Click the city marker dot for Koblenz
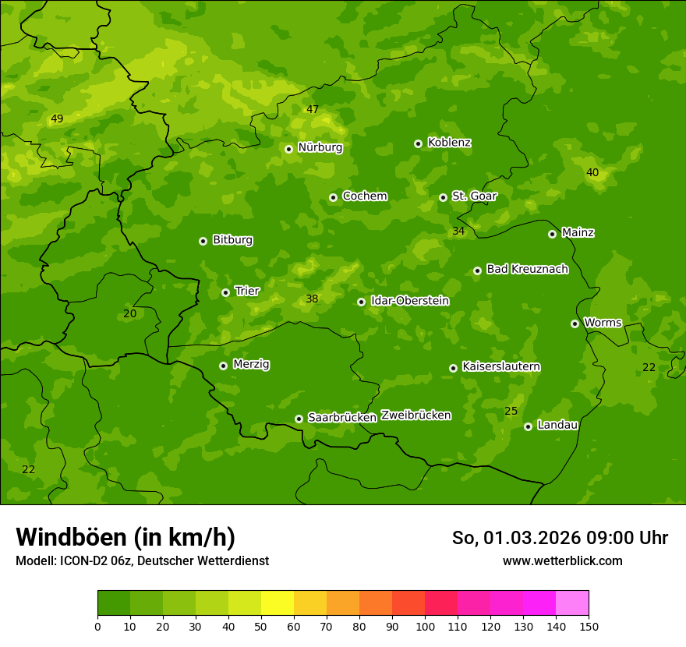tap(419, 143)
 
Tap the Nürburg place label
tap(320, 147)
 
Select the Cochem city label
tap(365, 196)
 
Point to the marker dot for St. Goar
tap(443, 197)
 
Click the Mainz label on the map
tap(578, 232)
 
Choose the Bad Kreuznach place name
tap(527, 269)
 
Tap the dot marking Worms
tap(575, 323)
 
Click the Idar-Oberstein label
tap(409, 300)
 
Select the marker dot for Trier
tap(226, 292)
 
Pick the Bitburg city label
tap(232, 240)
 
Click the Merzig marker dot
tap(223, 366)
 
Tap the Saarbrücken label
tap(342, 417)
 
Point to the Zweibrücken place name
tap(415, 415)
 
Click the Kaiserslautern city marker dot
tap(453, 368)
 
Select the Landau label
tap(557, 425)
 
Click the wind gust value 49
tap(56, 119)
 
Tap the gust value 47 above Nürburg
tap(312, 109)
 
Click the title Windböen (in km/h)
tap(126, 537)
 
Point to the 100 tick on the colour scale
tap(425, 626)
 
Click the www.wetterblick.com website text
tap(562, 560)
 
